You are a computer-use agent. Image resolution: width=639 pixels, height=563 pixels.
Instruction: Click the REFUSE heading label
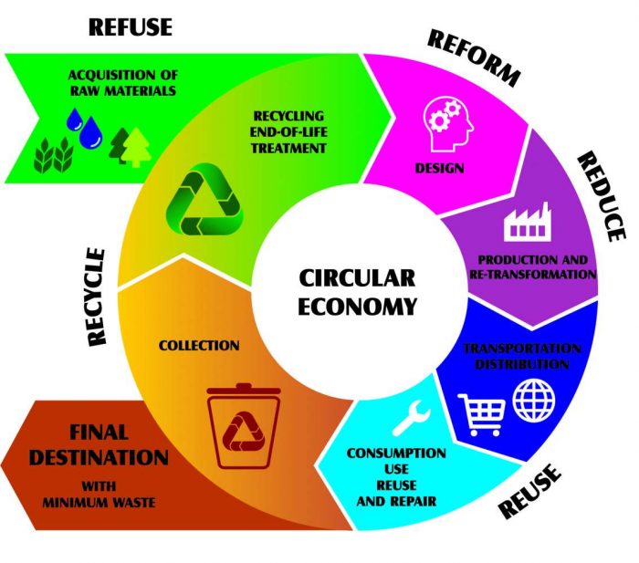pyautogui.click(x=130, y=26)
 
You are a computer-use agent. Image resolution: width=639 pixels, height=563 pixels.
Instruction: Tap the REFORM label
pyautogui.click(x=474, y=57)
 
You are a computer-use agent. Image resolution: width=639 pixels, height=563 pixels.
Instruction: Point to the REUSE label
pyautogui.click(x=529, y=494)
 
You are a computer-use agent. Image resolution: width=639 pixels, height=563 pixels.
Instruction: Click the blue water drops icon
pyautogui.click(x=84, y=129)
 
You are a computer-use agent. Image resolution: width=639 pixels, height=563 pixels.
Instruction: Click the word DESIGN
pyautogui.click(x=439, y=168)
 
